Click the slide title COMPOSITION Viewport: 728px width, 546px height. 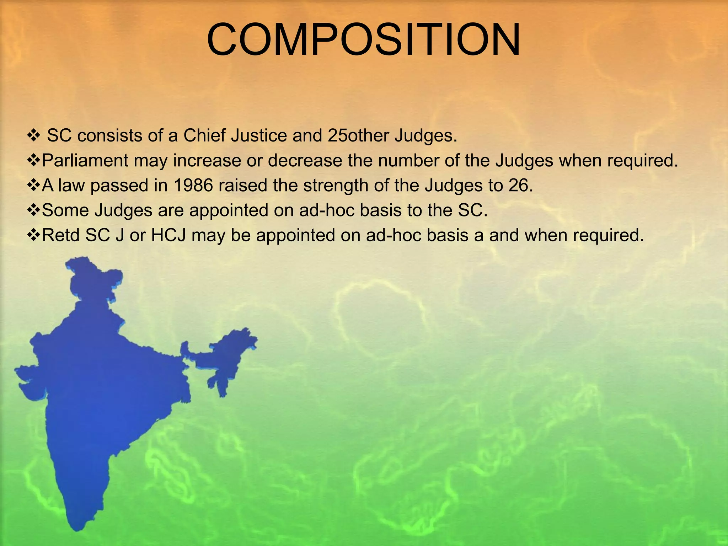pyautogui.click(x=363, y=40)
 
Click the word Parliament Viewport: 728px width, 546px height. pyautogui.click(x=85, y=160)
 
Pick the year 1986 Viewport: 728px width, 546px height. pyautogui.click(x=193, y=185)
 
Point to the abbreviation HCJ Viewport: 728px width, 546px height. pyautogui.click(x=168, y=235)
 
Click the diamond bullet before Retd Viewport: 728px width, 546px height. pyautogui.click(x=34, y=235)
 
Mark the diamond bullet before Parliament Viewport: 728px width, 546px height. pyautogui.click(x=34, y=161)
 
